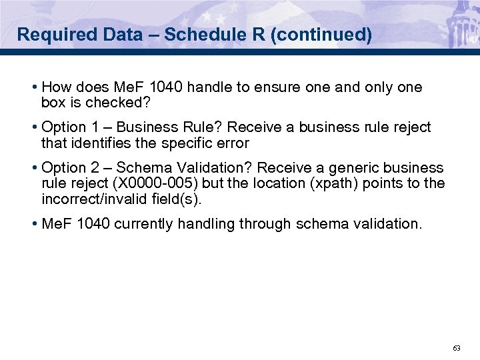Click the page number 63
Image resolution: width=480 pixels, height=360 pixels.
(x=457, y=349)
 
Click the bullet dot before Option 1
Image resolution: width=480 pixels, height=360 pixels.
(x=34, y=127)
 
